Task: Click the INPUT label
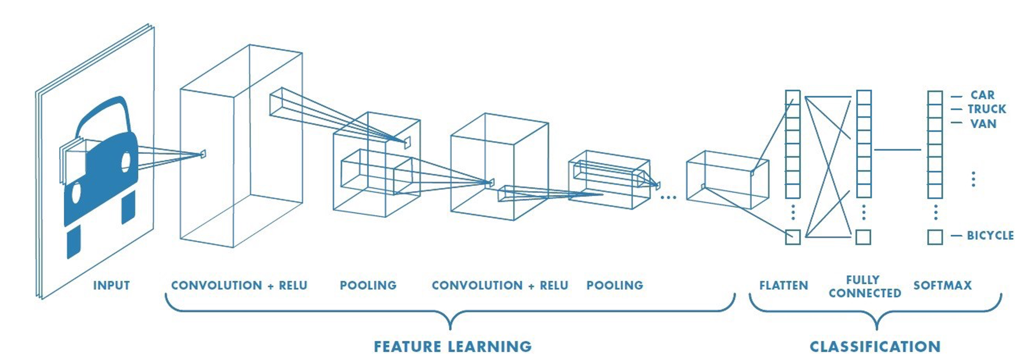111,285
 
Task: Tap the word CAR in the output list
982,95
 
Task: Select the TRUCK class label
986,109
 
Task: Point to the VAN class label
983,124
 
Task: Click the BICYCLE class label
990,235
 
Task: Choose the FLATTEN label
784,285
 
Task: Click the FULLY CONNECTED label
865,287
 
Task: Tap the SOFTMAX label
942,285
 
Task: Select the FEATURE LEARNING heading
452,347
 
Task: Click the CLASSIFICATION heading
875,347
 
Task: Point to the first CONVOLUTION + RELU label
239,285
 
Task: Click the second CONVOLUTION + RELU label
500,285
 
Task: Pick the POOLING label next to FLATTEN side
615,285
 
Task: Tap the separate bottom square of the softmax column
935,237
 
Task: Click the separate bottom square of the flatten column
793,237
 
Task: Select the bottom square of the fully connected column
863,237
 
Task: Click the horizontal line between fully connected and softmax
898,150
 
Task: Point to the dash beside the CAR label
956,96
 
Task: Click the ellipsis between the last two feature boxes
668,197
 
